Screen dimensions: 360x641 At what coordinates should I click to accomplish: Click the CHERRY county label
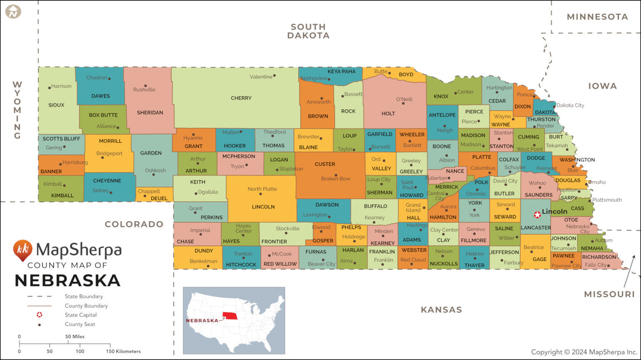coord(241,98)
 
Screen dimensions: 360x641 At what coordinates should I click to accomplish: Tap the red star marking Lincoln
coord(536,215)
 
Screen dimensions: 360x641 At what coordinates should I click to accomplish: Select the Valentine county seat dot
coord(274,75)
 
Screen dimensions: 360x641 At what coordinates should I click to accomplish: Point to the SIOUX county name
coord(56,105)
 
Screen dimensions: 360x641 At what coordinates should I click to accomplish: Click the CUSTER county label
coord(325,164)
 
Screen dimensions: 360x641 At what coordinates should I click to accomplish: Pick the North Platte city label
coord(262,189)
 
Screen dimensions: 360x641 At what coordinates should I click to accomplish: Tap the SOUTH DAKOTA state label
coord(308,31)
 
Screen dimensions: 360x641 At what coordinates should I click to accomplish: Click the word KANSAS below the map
coord(441,310)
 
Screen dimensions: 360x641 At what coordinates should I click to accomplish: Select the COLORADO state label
coord(134,224)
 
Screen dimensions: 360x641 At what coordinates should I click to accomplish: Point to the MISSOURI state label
coord(609,294)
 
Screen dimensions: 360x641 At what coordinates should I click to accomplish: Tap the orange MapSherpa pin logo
coord(23,250)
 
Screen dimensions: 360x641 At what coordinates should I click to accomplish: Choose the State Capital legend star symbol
coord(39,315)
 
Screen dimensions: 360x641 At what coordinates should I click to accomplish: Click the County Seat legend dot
coord(39,325)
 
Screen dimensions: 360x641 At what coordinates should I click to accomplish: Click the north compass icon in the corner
coord(13,11)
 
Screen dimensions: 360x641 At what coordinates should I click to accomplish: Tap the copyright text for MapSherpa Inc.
coord(584,352)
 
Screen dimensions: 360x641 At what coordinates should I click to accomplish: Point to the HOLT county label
coord(388,114)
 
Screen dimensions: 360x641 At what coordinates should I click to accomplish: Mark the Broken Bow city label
coord(336,179)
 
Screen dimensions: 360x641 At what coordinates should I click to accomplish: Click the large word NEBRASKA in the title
coord(67,281)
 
